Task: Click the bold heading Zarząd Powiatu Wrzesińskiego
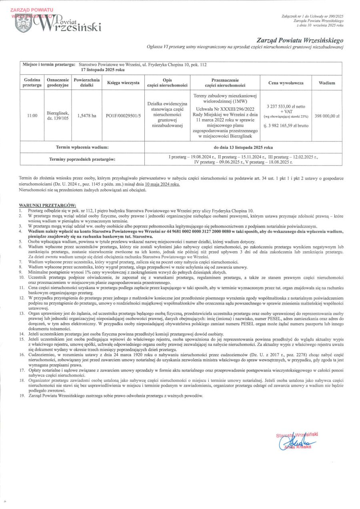point(300,40)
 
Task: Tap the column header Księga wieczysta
point(123,83)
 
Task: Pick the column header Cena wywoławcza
point(286,83)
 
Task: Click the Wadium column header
point(327,83)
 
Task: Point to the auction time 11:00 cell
point(32,116)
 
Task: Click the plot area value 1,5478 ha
point(86,116)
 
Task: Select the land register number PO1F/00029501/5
point(124,116)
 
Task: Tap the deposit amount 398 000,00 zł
point(327,116)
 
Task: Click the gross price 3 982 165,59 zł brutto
point(286,126)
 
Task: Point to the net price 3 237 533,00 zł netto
point(286,106)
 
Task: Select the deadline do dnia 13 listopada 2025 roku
point(243,147)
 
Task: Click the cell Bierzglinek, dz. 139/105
point(58,116)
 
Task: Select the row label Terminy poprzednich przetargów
point(82,160)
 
